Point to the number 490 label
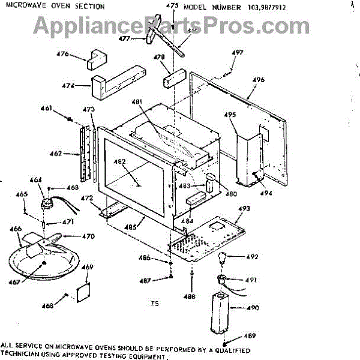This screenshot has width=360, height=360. click(252, 308)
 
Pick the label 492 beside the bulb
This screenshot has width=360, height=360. click(252, 257)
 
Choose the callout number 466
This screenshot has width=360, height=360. click(16, 229)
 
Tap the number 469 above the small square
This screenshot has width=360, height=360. click(88, 267)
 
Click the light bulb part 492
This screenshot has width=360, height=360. click(223, 260)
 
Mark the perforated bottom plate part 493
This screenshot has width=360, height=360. click(213, 237)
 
